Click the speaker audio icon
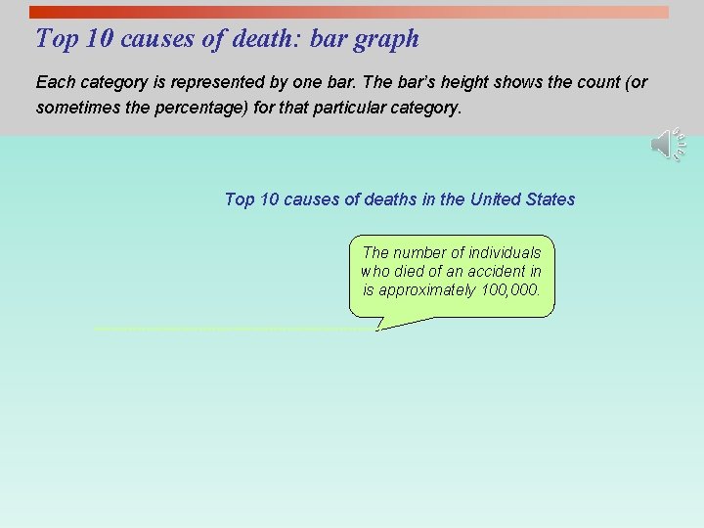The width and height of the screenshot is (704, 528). (668, 146)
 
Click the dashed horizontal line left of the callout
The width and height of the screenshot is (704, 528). (235, 329)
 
